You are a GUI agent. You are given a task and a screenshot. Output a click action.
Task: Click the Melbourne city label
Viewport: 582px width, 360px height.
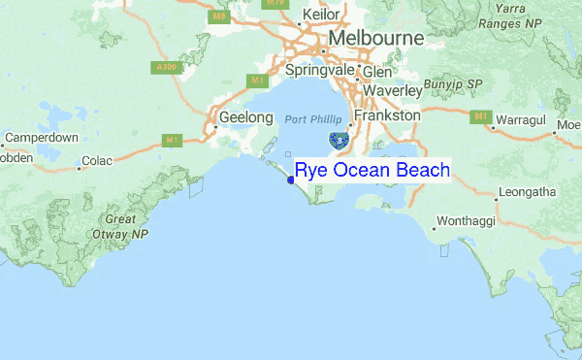376,38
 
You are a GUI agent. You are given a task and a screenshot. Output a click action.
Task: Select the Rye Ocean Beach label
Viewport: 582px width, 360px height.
372,171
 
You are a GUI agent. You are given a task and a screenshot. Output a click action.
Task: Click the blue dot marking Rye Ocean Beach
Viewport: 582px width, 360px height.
291,180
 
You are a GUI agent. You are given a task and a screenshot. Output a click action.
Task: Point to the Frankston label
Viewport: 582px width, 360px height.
387,115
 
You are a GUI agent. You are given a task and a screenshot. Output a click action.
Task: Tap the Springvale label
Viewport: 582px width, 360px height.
321,70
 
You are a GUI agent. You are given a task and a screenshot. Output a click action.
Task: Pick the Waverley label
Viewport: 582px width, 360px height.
393,90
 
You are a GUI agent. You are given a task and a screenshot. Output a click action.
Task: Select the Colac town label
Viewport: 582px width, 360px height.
98,161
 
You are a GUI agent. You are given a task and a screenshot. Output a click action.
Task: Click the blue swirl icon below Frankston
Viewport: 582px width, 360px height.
339,142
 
